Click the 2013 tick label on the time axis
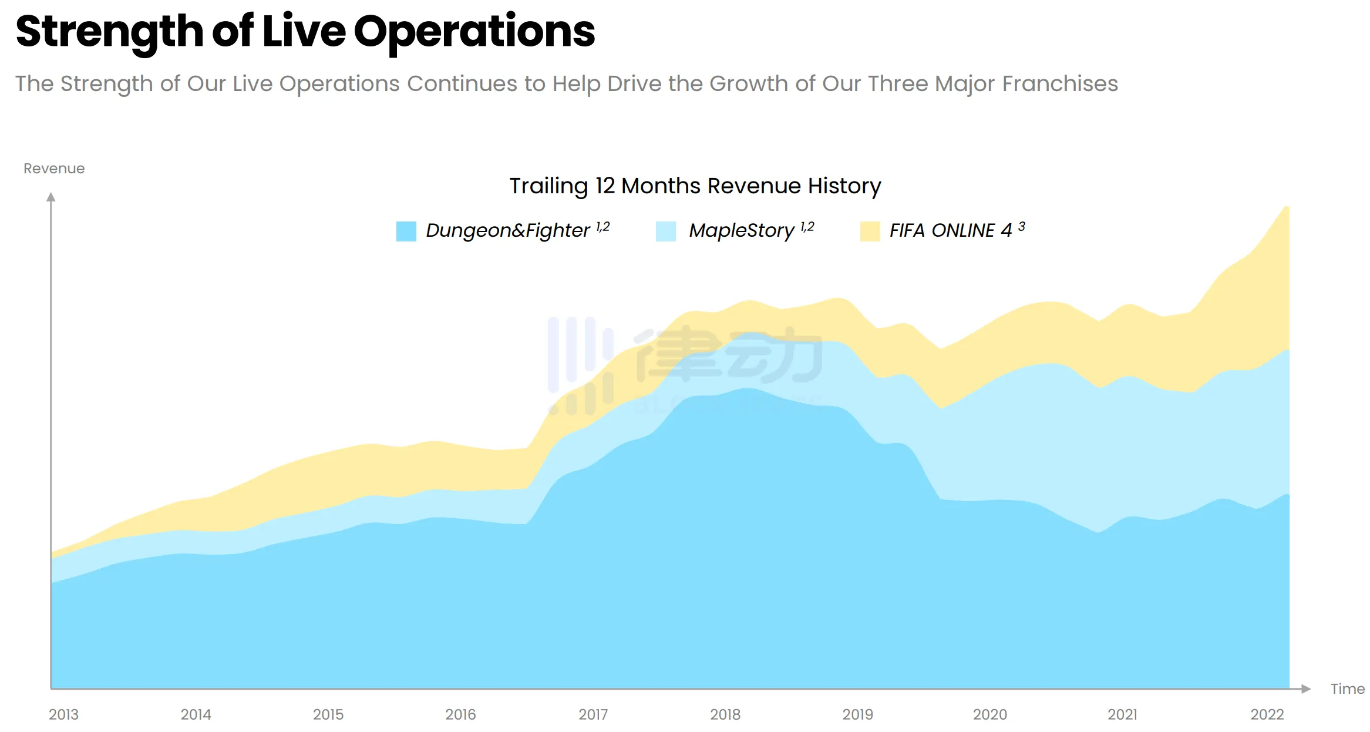(63, 714)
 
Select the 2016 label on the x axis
(460, 714)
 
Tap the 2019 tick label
(857, 714)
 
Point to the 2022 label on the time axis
(1267, 714)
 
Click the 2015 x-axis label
(328, 714)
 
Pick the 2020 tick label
(990, 714)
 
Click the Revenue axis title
(54, 169)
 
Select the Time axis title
(1347, 689)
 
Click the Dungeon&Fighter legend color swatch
(406, 231)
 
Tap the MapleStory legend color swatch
(666, 231)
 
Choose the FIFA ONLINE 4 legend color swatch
(870, 231)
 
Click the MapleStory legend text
(741, 230)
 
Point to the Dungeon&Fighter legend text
(507, 230)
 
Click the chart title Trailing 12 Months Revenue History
(695, 186)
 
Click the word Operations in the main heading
(474, 32)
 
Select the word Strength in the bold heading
(109, 32)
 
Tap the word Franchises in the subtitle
(1060, 84)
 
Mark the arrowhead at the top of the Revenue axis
(51, 197)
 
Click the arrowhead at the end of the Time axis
(1306, 689)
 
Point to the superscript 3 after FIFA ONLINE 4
(1022, 226)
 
